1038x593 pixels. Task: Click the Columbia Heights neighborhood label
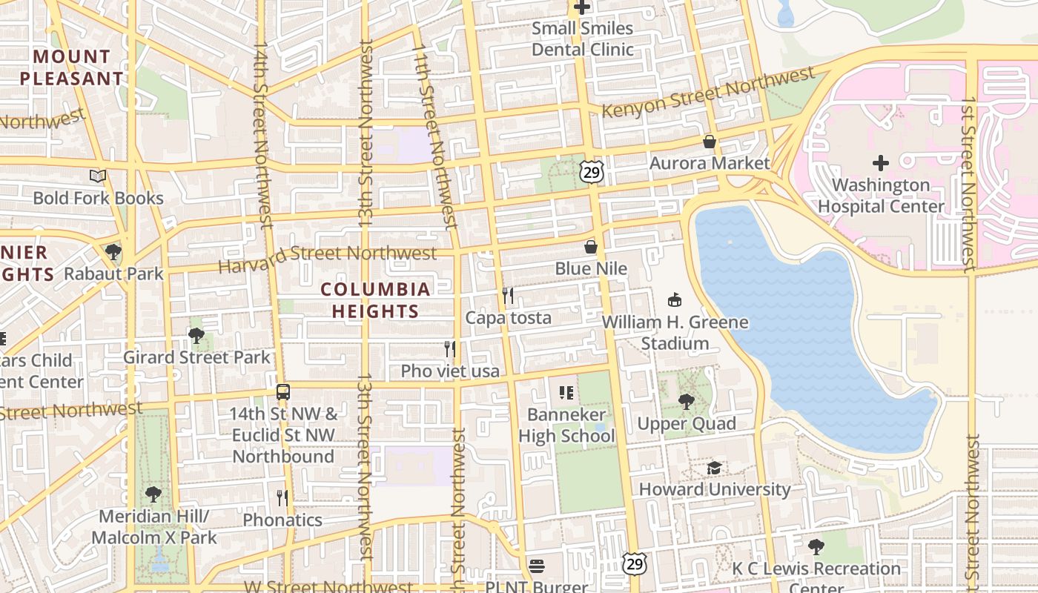pos(375,300)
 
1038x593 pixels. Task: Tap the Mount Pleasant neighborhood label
pos(72,67)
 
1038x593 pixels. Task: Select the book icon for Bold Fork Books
pos(98,176)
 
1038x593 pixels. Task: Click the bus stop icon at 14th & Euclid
pos(282,391)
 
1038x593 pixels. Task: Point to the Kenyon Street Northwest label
pos(708,93)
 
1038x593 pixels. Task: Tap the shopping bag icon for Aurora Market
pos(710,142)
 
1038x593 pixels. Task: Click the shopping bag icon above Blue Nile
pos(591,247)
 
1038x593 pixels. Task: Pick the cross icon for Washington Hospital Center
pos(881,163)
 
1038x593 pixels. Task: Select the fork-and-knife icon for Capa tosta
pos(508,296)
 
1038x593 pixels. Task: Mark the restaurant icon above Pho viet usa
pos(450,348)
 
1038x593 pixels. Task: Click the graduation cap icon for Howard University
pos(714,468)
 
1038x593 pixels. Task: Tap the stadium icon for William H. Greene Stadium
pos(675,300)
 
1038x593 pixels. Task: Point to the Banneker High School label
pos(566,425)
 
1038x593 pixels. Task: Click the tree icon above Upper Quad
pos(687,402)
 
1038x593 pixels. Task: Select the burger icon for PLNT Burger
pos(537,566)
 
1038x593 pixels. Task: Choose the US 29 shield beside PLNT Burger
pos(634,564)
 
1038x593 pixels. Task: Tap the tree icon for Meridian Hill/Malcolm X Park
pos(153,494)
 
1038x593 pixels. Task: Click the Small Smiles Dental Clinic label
pos(583,39)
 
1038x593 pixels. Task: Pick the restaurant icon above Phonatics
pos(282,497)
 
